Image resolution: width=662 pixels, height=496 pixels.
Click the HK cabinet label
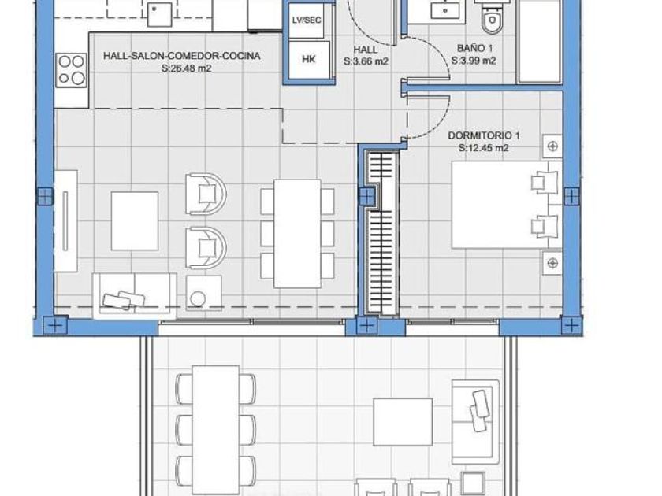click(x=309, y=60)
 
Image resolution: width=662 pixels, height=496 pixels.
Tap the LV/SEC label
click(x=307, y=20)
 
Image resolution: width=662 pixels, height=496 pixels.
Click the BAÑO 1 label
click(x=474, y=49)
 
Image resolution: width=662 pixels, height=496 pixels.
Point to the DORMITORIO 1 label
click(x=483, y=135)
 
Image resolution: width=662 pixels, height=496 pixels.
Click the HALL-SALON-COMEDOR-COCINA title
click(x=181, y=56)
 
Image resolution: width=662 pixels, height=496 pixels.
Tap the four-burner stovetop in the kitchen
click(x=72, y=70)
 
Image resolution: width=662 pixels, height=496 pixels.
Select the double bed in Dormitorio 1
click(x=507, y=205)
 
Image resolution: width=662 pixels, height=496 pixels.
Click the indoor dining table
click(x=297, y=234)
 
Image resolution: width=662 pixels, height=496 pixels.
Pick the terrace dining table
click(x=216, y=429)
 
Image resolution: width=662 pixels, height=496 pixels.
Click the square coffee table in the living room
click(x=135, y=221)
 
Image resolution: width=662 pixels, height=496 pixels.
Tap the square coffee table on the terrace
click(x=403, y=422)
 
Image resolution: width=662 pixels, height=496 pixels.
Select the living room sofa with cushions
click(x=135, y=295)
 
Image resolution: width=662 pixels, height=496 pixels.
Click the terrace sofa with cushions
click(x=475, y=421)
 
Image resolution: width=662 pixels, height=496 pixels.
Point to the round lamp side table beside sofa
click(x=203, y=294)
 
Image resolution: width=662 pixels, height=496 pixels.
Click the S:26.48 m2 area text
click(x=186, y=68)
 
